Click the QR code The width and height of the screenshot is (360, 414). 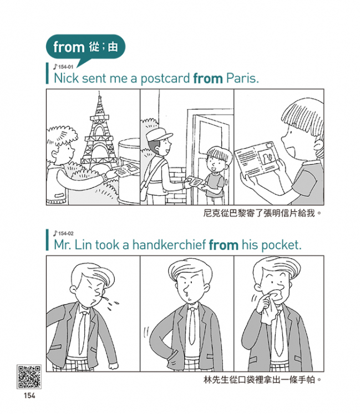coord(29,377)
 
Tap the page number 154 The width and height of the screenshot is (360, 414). coord(29,396)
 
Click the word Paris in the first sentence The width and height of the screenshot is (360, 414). coord(242,78)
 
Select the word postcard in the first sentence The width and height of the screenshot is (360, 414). coord(165,79)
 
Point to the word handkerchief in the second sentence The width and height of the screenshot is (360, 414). coord(169,245)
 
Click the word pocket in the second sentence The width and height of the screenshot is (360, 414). coord(281,246)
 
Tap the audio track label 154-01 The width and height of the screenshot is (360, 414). coord(63,67)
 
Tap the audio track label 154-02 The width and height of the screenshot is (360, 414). coord(63,233)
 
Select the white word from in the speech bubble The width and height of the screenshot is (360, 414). coord(69,48)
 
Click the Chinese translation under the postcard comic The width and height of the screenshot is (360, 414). coord(262,213)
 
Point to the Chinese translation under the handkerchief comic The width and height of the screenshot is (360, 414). coord(262,380)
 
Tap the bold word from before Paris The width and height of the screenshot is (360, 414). coord(208,79)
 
